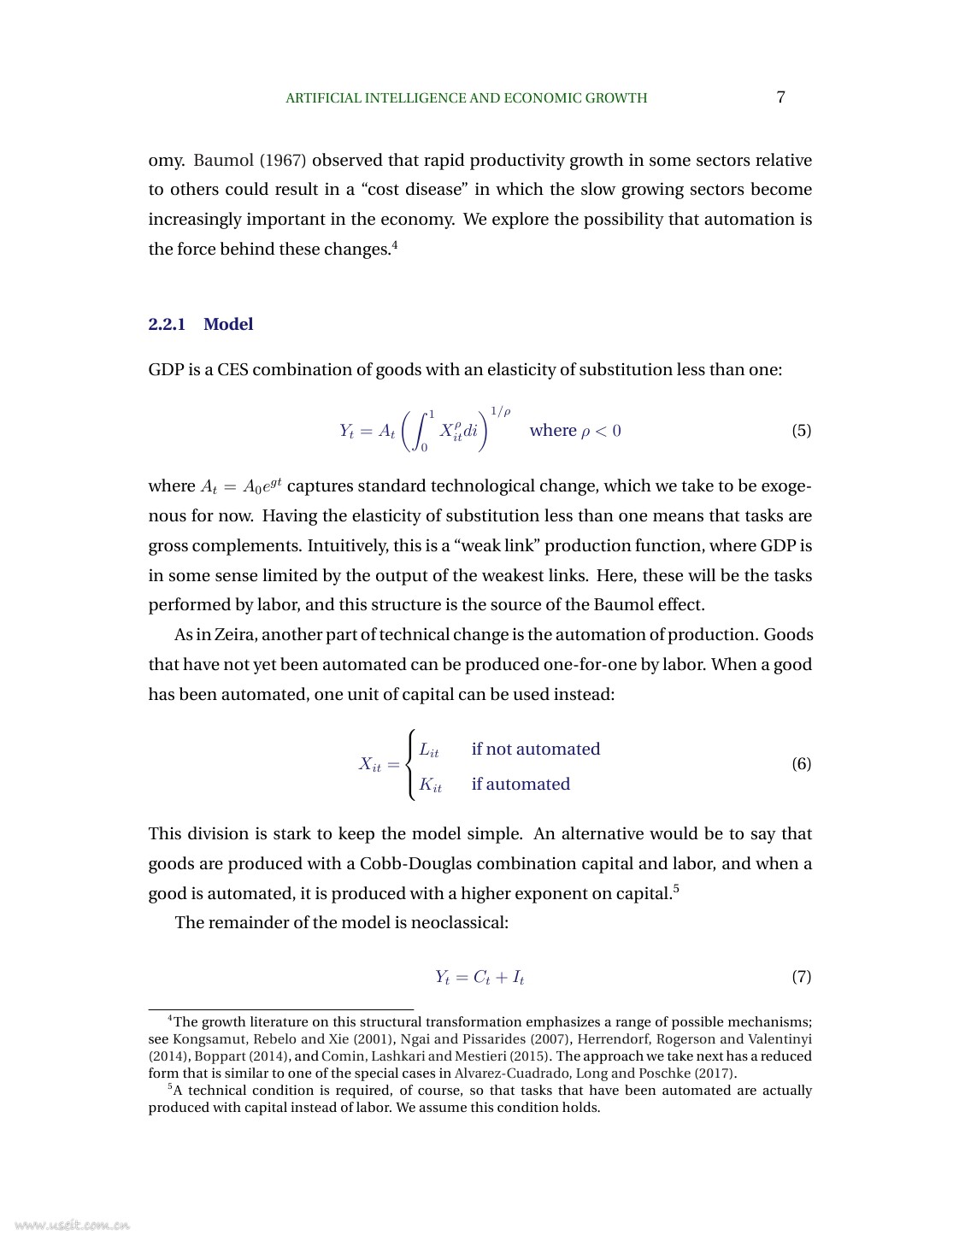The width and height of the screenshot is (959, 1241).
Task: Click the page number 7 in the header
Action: click(780, 97)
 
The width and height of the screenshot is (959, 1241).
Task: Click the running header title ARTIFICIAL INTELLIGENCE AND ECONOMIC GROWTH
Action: click(466, 98)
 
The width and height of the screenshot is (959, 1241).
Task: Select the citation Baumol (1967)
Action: click(250, 161)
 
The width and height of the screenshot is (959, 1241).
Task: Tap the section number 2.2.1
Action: click(167, 324)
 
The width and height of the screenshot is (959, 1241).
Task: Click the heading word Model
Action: click(228, 324)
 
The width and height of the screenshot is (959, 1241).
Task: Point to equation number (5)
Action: click(801, 430)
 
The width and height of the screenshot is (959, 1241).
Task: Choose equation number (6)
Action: click(801, 763)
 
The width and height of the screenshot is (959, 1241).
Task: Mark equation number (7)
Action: click(801, 976)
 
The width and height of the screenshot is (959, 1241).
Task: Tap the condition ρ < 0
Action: click(601, 431)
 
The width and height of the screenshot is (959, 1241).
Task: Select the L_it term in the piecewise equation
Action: click(429, 750)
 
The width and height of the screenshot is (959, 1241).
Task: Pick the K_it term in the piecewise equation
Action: click(430, 785)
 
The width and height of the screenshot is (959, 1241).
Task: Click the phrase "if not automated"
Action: click(536, 750)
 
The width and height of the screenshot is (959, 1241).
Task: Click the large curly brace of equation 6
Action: click(411, 764)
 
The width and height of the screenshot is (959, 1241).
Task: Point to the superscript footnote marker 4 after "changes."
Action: click(395, 245)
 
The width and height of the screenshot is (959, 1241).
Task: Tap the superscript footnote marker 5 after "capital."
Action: click(676, 889)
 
